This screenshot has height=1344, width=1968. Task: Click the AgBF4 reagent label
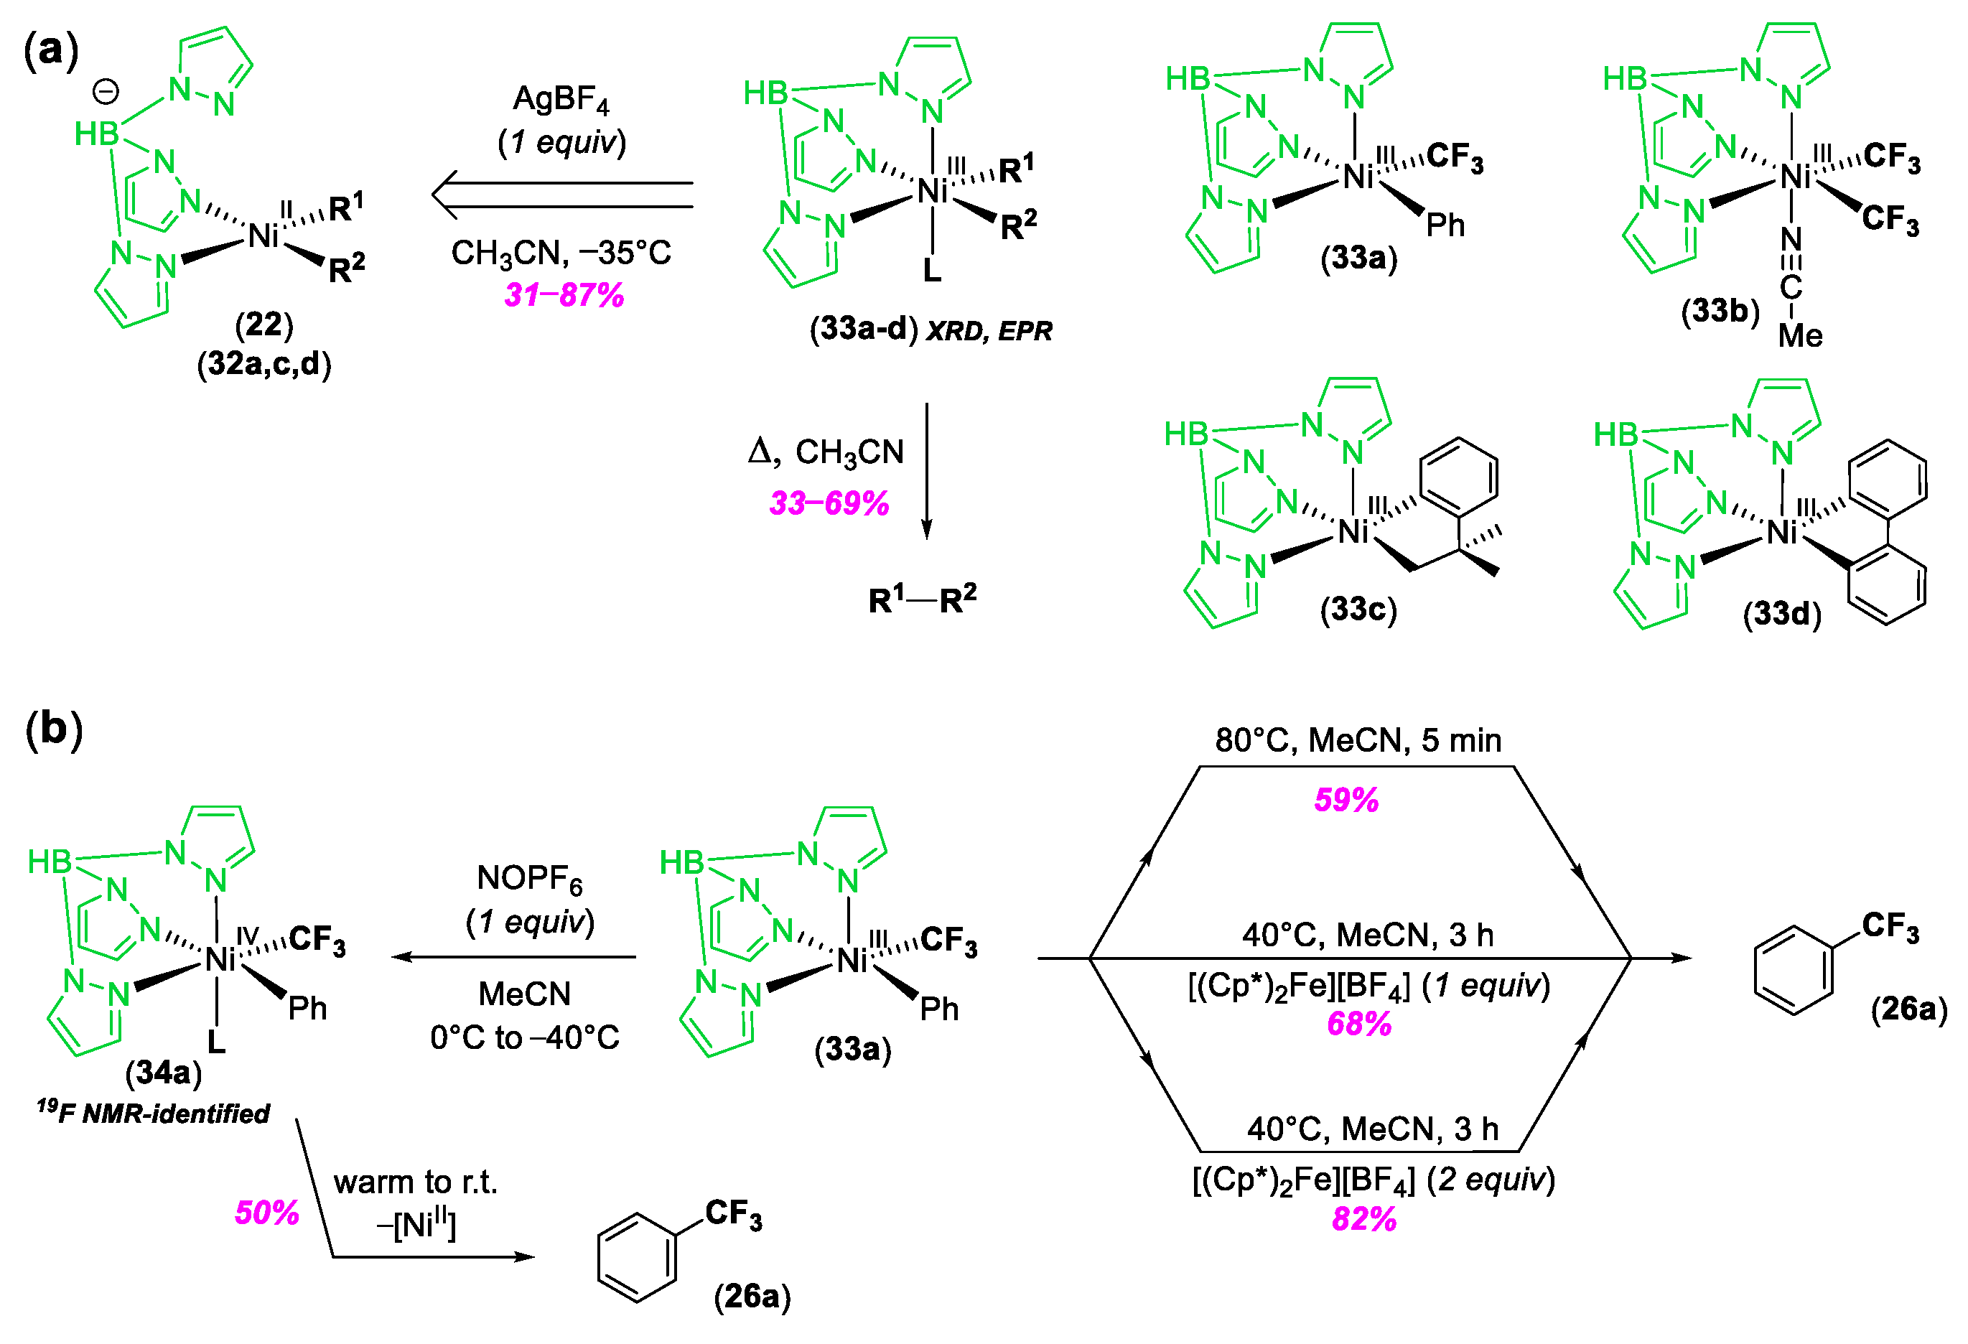561,101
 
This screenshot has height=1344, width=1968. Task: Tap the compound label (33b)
1720,311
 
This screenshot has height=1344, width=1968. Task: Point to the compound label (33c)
1358,609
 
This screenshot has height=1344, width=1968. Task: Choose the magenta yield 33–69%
829,503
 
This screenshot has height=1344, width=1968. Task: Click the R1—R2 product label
922,599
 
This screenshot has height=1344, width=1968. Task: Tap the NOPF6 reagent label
529,879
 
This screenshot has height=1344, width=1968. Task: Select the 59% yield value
1346,800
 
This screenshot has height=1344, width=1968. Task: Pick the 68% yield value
1359,1024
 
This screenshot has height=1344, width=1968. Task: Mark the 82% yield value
1364,1218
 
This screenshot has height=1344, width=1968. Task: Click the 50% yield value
267,1213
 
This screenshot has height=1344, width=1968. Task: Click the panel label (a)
51,49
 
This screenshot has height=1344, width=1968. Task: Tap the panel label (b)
53,728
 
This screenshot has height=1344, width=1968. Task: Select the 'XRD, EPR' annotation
989,330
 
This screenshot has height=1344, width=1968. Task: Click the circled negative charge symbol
106,91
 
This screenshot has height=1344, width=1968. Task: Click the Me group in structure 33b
1799,335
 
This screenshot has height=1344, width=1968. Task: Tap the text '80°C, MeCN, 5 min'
1358,740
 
